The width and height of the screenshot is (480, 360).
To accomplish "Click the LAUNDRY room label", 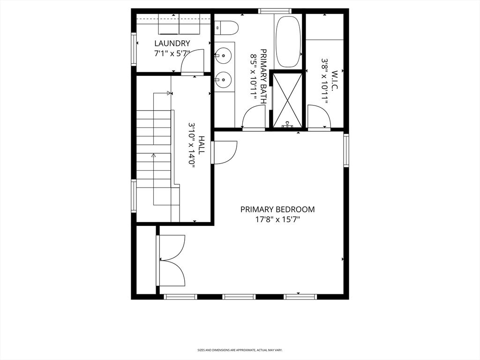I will click(x=172, y=44).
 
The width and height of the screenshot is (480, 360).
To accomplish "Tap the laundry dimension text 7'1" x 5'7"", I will click(x=172, y=53).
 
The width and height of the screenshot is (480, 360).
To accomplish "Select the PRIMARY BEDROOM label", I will click(x=277, y=210).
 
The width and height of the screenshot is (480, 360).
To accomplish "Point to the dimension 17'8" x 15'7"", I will click(x=277, y=219).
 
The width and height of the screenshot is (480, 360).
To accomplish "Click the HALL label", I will click(x=201, y=145).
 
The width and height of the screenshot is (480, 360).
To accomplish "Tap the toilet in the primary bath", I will click(x=228, y=29).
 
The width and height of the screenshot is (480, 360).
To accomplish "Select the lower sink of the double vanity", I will click(x=224, y=80).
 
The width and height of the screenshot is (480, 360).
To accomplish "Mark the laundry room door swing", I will click(x=193, y=63).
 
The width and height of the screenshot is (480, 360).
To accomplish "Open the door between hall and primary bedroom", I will click(x=224, y=152).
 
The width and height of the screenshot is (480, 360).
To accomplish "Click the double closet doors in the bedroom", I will click(x=172, y=260).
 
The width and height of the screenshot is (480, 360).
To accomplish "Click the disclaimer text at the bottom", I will click(x=240, y=350).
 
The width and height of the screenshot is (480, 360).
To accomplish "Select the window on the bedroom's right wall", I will click(x=346, y=150).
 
